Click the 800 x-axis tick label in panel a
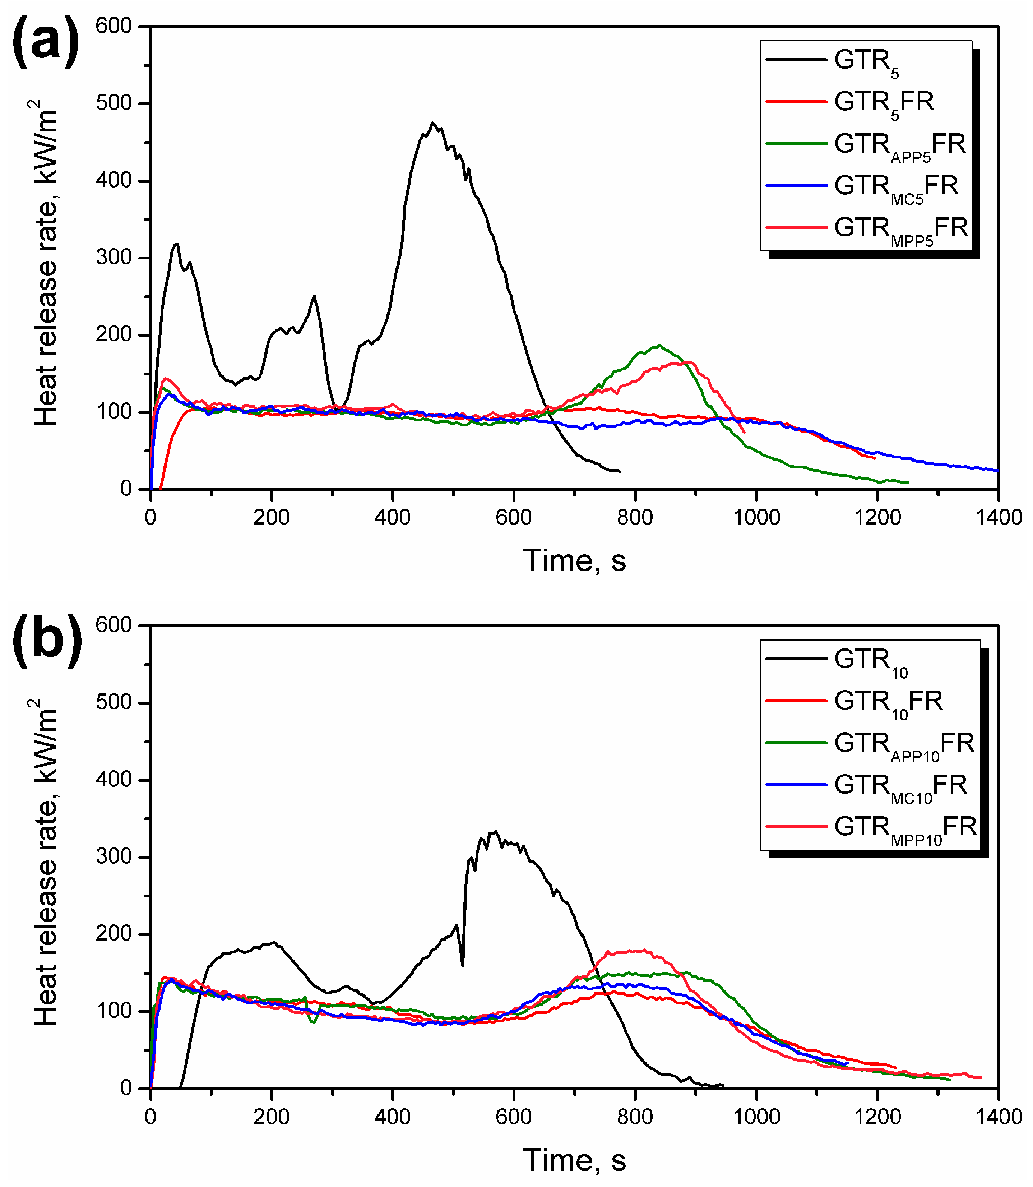(x=635, y=517)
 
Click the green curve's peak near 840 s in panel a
(x=659, y=345)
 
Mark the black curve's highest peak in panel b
(x=495, y=831)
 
